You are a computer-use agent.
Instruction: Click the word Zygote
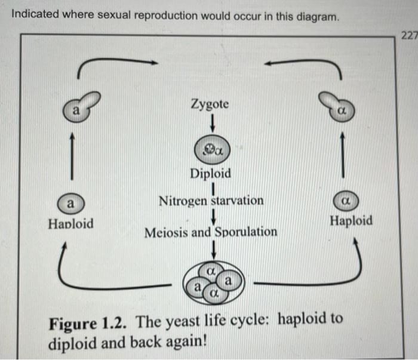(209, 104)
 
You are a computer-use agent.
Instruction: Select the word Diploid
(210, 174)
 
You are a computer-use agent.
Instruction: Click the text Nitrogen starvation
(211, 201)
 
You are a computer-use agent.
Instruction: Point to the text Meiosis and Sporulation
(211, 232)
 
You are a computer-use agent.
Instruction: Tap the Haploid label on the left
(70, 224)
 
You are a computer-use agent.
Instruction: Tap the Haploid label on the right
(351, 220)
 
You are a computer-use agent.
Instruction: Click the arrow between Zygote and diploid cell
(210, 124)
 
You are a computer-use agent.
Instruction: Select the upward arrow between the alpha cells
(342, 154)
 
